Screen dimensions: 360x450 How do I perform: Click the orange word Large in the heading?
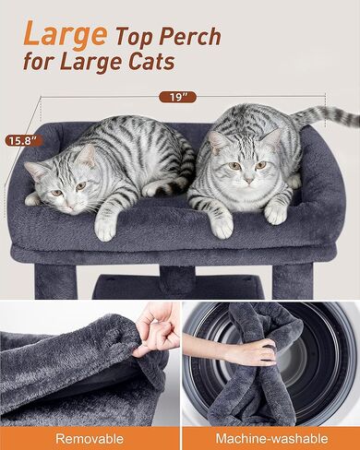[x=66, y=34]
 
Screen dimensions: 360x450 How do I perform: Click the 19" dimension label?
[x=177, y=97]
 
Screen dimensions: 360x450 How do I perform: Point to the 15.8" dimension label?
[x=23, y=141]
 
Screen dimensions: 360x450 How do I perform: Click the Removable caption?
[x=90, y=438]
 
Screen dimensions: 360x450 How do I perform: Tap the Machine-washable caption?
[x=271, y=438]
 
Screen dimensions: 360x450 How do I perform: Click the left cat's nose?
[x=70, y=207]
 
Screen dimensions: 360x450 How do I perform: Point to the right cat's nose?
[x=249, y=180]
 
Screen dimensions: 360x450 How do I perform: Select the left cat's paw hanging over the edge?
[x=105, y=228]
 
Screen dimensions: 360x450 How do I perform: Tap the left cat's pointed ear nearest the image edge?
[x=34, y=170]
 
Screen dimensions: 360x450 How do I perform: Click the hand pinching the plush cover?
[x=156, y=329]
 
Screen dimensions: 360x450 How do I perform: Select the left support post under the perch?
[x=55, y=282]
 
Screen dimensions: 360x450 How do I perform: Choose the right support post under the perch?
[x=293, y=281]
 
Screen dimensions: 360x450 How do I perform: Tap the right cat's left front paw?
[x=222, y=226]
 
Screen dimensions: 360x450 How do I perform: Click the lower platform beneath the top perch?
[x=178, y=288]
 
